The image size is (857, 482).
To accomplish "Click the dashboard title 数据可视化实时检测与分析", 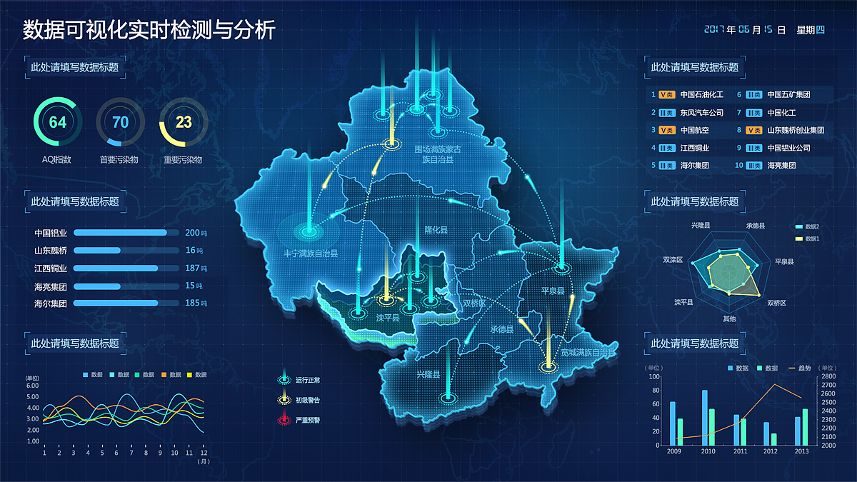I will (149, 30).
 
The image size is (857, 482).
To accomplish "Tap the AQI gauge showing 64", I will (57, 122).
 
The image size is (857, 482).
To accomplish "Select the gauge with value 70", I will (121, 122).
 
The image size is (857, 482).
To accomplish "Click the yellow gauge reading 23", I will (184, 122).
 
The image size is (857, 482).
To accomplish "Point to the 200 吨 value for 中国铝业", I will (194, 233).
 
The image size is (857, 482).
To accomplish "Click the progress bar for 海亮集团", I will (126, 286).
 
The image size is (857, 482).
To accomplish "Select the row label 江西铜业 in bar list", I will (51, 268).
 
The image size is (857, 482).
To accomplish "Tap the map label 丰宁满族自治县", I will (310, 253).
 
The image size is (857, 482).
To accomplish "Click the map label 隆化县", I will (436, 230).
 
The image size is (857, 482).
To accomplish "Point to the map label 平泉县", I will (552, 291).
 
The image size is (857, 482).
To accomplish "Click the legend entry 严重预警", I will (308, 421).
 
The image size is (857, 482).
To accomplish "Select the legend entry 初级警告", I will (308, 400).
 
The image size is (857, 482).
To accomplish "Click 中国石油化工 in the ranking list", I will (701, 94).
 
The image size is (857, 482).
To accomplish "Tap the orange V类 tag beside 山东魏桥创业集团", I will (753, 131).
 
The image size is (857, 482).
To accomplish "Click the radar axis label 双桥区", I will (776, 303).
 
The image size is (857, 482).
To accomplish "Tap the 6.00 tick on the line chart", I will (32, 386).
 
